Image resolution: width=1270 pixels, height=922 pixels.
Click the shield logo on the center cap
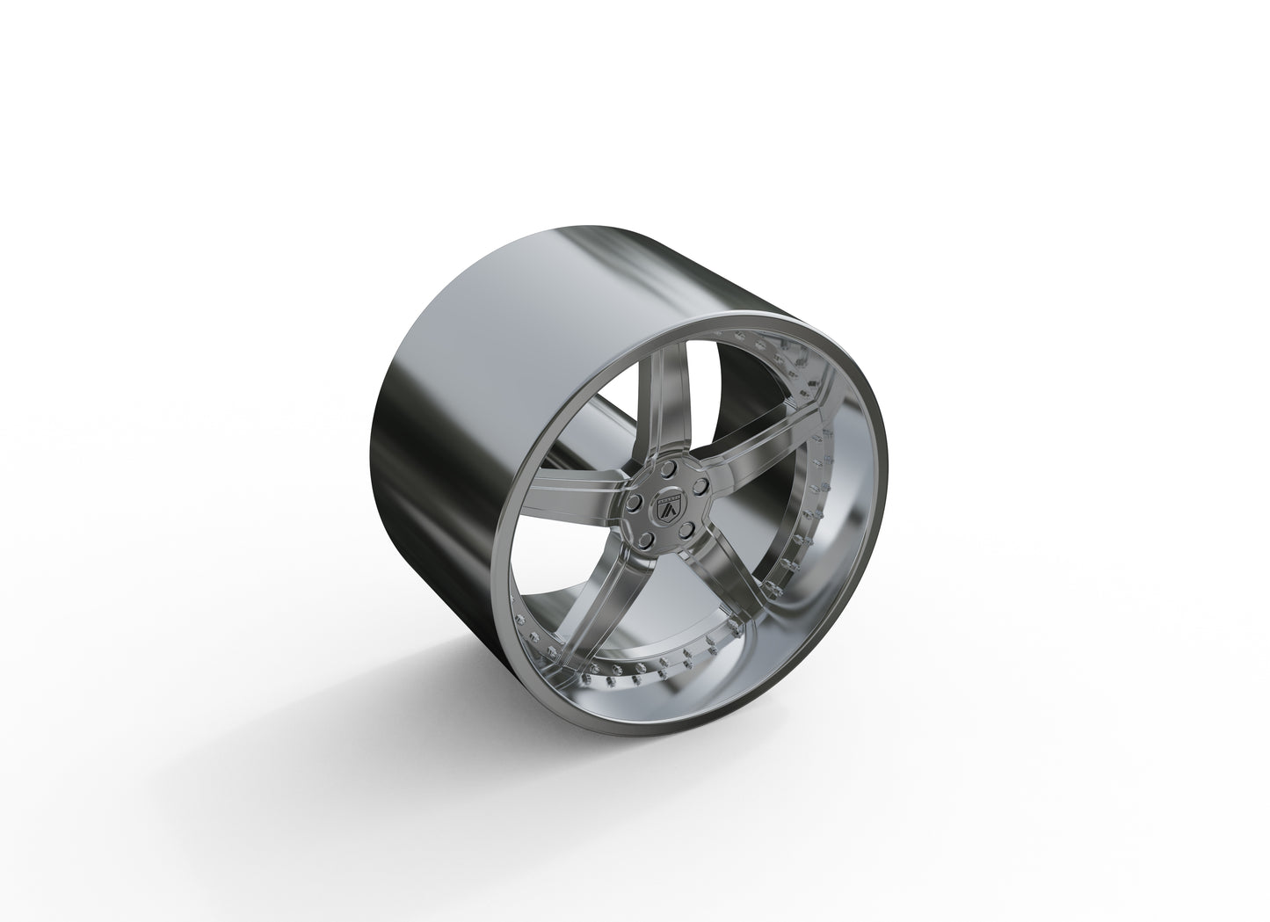pyautogui.click(x=666, y=512)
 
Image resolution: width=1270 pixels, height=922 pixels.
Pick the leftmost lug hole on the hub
pyautogui.click(x=633, y=505)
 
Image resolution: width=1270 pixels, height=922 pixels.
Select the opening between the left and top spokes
pyautogui.click(x=598, y=422)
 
